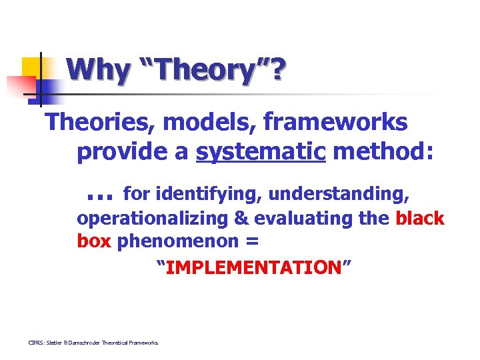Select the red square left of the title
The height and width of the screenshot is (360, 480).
pos(20,87)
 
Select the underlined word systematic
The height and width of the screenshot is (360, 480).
pos(261,152)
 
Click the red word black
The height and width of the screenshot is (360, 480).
pos(420,219)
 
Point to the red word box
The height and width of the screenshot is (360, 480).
pos(94,241)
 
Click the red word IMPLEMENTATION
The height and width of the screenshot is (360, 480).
pos(253,267)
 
